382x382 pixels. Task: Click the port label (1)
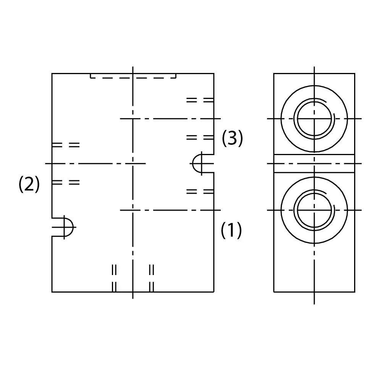point(231,230)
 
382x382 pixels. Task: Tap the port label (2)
point(29,184)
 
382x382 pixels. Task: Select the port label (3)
point(232,138)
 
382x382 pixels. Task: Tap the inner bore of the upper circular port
point(314,119)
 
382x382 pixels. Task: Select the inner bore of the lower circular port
point(314,210)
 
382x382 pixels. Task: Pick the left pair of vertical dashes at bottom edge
point(114,278)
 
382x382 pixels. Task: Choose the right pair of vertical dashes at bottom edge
point(152,278)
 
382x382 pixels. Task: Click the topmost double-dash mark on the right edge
point(200,100)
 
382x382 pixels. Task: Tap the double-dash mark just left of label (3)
point(200,138)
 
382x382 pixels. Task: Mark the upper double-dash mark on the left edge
point(66,145)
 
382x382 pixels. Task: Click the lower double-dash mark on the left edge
point(66,182)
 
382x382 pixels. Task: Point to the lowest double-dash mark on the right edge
point(200,191)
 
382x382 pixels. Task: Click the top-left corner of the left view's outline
point(52,73)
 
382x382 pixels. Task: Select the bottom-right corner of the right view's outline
point(355,292)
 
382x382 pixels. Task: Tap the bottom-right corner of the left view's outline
point(214,292)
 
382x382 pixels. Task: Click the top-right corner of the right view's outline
point(355,73)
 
